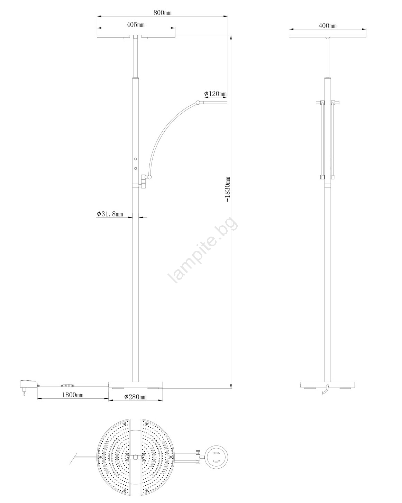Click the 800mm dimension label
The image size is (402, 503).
(162, 12)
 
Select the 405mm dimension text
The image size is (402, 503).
(135, 25)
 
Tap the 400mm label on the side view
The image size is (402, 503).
(328, 26)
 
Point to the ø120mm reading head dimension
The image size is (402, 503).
(215, 94)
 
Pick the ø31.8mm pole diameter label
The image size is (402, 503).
(110, 214)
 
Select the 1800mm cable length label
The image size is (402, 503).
(73, 395)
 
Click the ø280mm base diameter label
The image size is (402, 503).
(135, 397)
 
